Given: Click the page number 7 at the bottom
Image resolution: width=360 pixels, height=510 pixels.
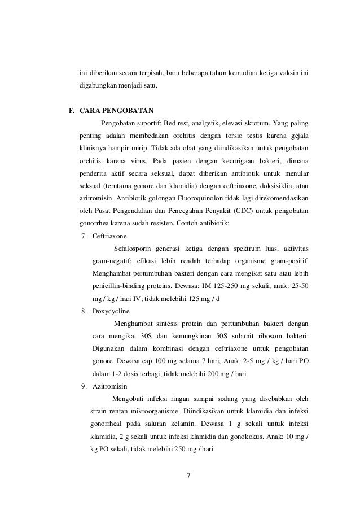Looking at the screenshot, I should (x=189, y=474).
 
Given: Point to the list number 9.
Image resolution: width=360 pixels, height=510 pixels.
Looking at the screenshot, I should (x=84, y=386).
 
